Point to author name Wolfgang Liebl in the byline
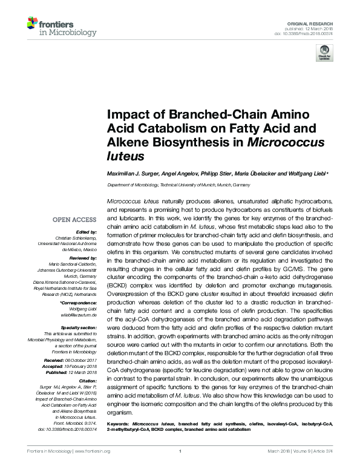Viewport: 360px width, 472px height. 306,174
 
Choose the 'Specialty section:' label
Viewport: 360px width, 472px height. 78,327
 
